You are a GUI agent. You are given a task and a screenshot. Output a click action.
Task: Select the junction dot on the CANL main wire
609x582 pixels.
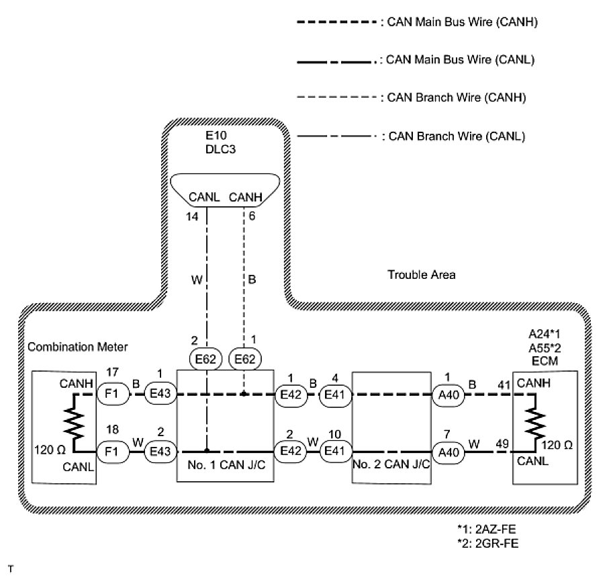click(x=207, y=450)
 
